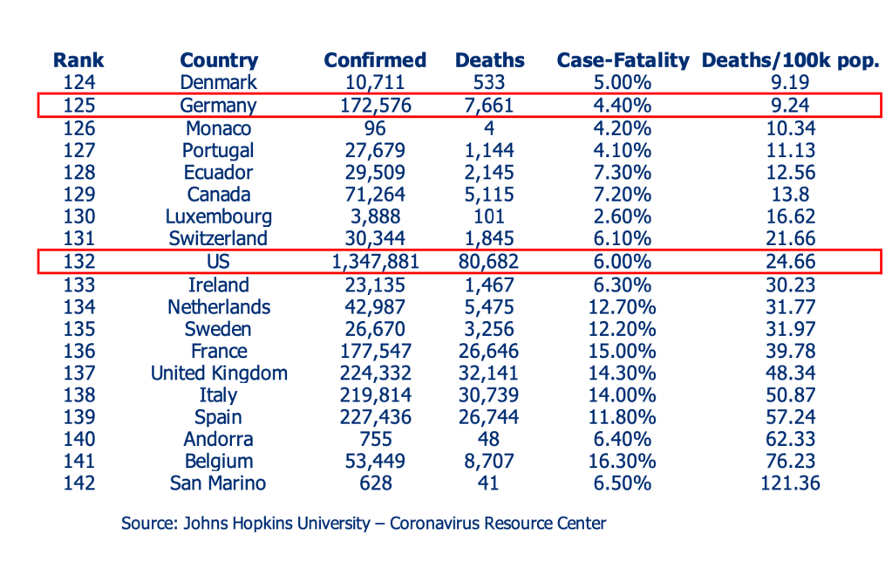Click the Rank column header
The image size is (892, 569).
(x=78, y=60)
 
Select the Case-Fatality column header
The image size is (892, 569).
(x=623, y=60)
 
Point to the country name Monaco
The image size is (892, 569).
(x=218, y=128)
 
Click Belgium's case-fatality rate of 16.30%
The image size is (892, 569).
(x=620, y=461)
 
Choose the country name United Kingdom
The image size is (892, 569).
(x=219, y=374)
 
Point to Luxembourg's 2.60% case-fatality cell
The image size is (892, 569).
(x=620, y=216)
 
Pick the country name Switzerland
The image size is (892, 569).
(x=219, y=238)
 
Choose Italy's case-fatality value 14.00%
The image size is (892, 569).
(x=620, y=395)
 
